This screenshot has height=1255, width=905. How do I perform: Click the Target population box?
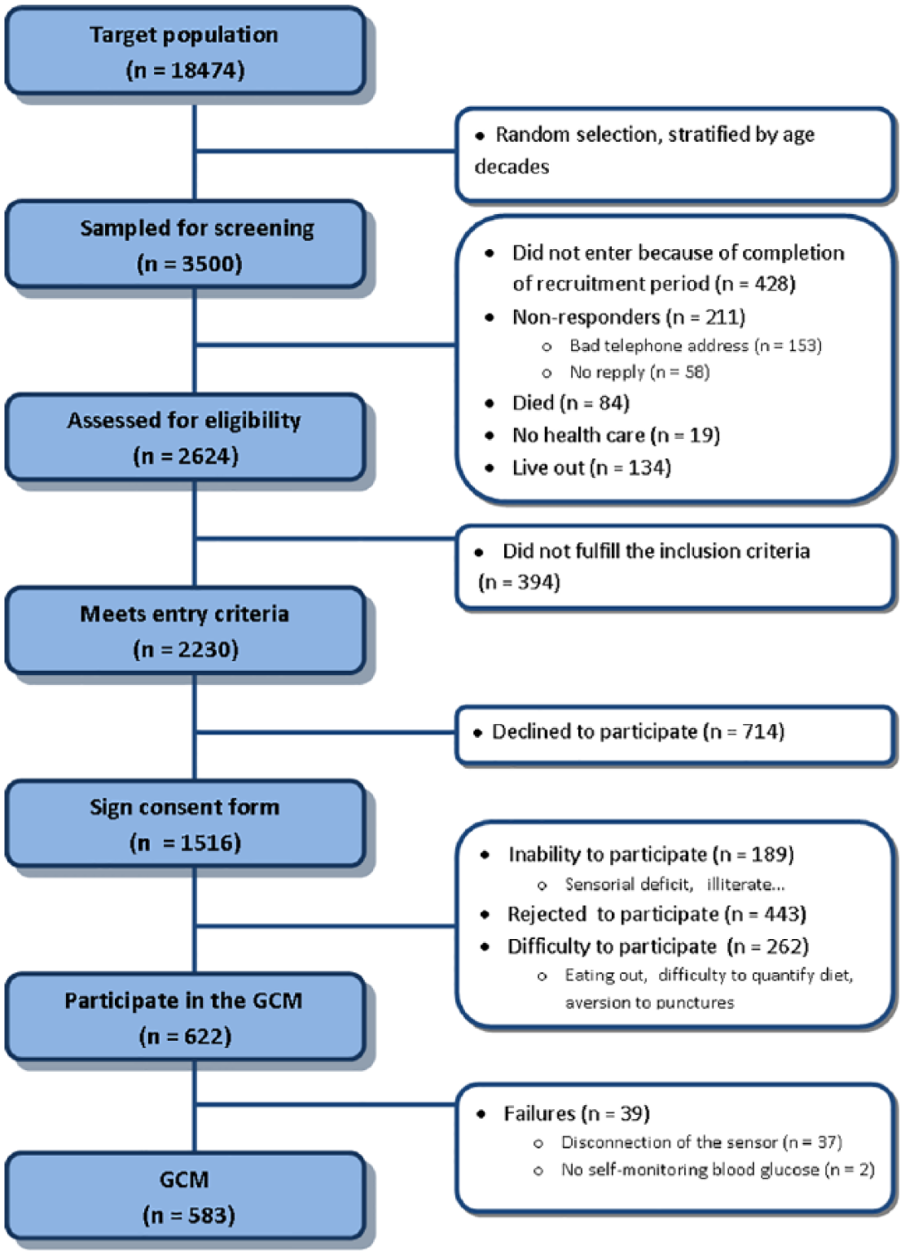point(185,50)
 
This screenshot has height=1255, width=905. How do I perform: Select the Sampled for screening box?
point(185,244)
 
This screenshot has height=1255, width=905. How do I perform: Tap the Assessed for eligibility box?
point(185,437)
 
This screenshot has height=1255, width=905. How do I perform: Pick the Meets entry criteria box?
point(185,630)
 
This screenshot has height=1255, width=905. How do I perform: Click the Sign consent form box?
point(185,823)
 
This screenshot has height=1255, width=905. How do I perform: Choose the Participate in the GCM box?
point(185,1017)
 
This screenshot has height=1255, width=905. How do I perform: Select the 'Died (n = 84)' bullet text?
point(571,403)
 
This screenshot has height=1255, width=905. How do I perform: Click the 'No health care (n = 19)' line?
point(616,436)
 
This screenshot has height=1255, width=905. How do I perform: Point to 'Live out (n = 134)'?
point(591,467)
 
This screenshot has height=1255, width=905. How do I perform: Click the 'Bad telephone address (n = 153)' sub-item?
point(696,345)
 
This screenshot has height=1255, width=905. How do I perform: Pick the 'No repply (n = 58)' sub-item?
point(639,372)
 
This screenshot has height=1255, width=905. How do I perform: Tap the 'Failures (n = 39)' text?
point(577,1113)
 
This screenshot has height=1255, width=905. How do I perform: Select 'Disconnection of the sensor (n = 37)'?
point(701,1143)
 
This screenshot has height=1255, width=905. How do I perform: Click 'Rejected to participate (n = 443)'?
point(657,915)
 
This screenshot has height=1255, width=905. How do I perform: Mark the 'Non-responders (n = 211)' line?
point(629,317)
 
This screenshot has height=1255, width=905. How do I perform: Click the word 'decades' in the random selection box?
point(512,166)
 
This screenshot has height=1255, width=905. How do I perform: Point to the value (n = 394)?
point(520,582)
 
